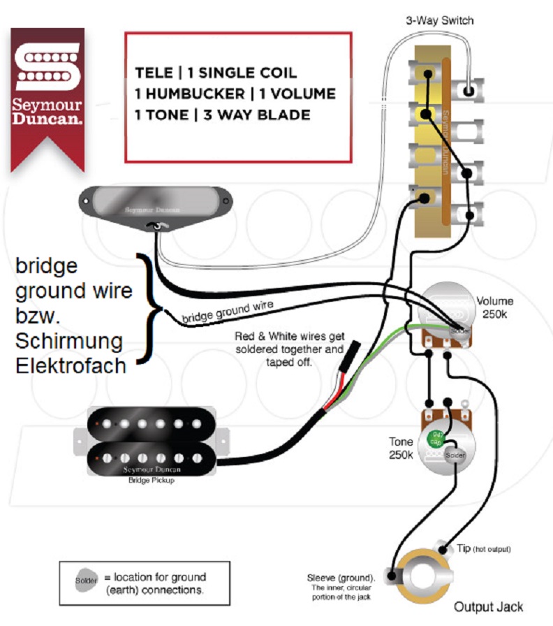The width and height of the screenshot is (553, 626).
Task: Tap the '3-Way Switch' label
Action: pyautogui.click(x=440, y=20)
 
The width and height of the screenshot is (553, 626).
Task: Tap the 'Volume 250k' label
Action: pyautogui.click(x=494, y=307)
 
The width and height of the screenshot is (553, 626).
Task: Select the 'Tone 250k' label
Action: pyautogui.click(x=401, y=448)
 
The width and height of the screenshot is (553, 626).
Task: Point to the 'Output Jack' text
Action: pyautogui.click(x=489, y=606)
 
